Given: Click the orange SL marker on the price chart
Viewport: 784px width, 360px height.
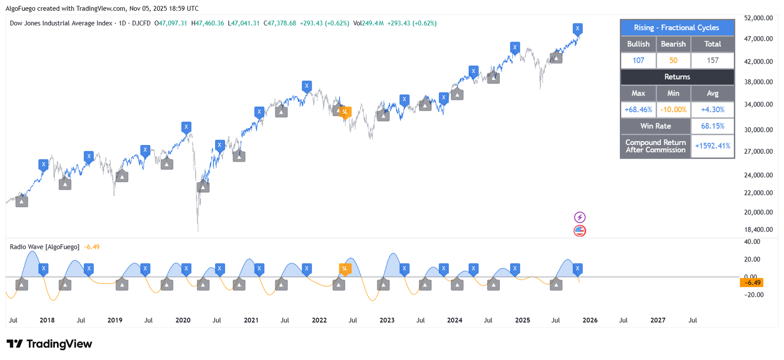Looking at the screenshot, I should click(x=345, y=112).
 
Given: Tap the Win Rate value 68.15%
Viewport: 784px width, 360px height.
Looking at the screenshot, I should click(x=712, y=126).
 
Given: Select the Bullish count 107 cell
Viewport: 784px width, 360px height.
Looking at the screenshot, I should click(x=638, y=60).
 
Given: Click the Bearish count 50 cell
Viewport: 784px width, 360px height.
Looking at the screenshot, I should click(x=673, y=60).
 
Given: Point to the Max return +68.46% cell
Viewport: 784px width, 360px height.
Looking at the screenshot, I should click(x=638, y=110).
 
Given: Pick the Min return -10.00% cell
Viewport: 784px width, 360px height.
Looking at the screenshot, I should click(x=673, y=110).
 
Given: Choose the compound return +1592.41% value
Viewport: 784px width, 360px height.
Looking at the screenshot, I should click(x=712, y=146).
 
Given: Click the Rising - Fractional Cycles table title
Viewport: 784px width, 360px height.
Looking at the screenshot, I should click(x=676, y=28).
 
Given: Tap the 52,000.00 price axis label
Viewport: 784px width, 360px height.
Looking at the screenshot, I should click(x=758, y=18).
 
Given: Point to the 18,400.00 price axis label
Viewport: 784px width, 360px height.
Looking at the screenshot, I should click(x=758, y=230).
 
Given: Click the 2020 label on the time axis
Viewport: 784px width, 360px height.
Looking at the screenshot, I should click(x=183, y=320).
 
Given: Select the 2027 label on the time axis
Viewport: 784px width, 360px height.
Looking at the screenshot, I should click(x=658, y=320).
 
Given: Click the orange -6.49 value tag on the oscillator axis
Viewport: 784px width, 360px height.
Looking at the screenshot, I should click(x=752, y=283).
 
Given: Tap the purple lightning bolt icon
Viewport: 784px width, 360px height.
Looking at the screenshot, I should click(x=580, y=217).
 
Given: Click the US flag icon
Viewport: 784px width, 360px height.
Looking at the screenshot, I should click(x=580, y=231).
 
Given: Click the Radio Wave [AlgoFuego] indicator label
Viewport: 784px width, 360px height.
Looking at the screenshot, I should click(x=45, y=247).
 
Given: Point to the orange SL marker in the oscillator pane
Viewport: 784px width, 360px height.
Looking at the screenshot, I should click(x=345, y=268).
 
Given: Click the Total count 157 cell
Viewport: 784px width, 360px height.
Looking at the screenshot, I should click(x=712, y=60).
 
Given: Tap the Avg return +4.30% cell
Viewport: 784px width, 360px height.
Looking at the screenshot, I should click(x=712, y=110).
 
